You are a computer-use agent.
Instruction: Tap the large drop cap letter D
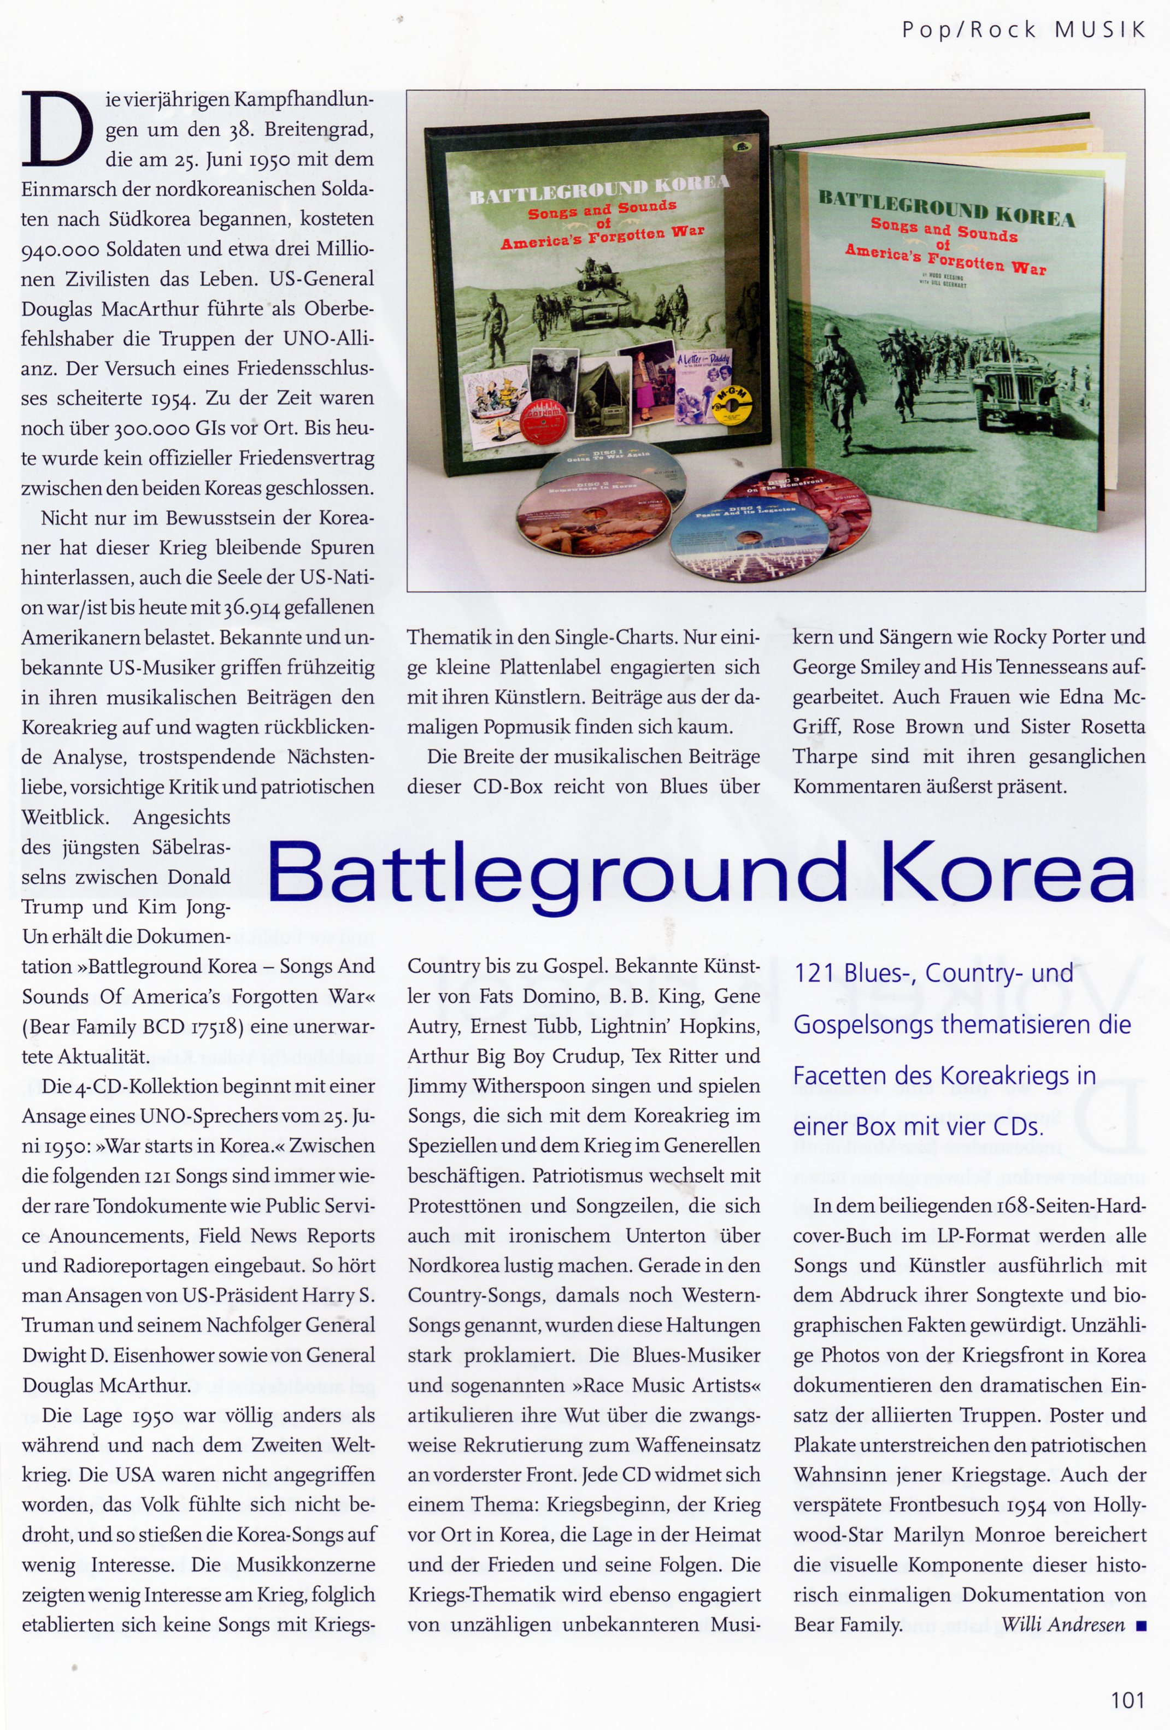click(x=57, y=129)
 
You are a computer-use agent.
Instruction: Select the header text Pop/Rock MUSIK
click(x=1024, y=30)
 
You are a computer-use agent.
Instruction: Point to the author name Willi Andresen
click(x=1063, y=1623)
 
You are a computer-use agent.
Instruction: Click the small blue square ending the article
click(x=1140, y=1626)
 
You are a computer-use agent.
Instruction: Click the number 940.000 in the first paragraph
click(x=60, y=250)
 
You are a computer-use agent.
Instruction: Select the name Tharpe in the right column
click(x=825, y=757)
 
